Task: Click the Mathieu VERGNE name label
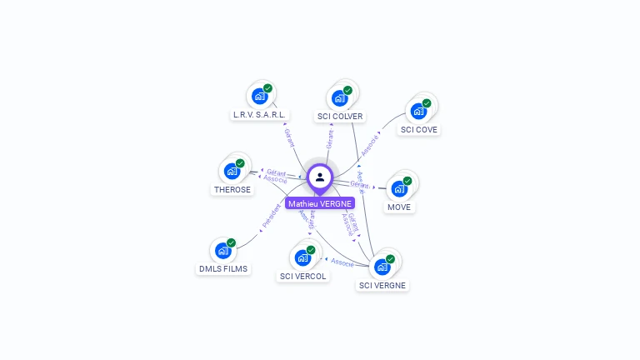(320, 203)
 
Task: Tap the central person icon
(320, 177)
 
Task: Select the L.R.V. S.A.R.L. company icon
(260, 97)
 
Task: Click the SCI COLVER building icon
(340, 98)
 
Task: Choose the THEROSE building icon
(232, 171)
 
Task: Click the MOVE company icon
(399, 188)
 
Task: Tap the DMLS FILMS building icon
(222, 251)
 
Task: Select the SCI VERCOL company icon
(302, 257)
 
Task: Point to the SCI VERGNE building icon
(382, 267)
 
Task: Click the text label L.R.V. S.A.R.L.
(259, 115)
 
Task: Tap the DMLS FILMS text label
(223, 269)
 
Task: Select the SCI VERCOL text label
(303, 276)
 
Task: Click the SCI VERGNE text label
(382, 285)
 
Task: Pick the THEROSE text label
(232, 189)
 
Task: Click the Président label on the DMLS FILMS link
(272, 216)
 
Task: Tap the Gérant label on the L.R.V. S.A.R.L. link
(289, 137)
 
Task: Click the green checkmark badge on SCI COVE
(427, 103)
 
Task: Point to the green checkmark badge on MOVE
(407, 180)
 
